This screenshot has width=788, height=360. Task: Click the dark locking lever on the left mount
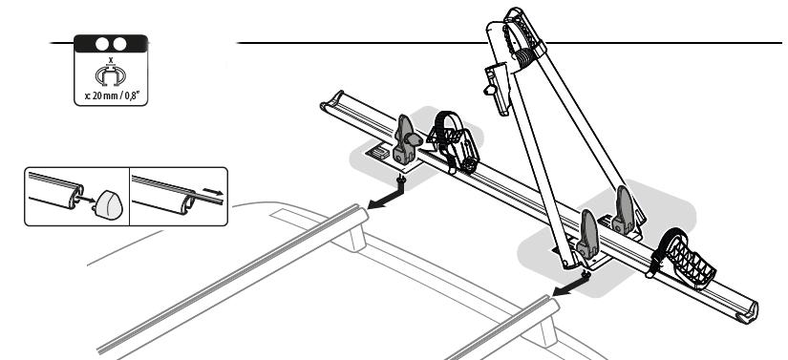pyautogui.click(x=405, y=134)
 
